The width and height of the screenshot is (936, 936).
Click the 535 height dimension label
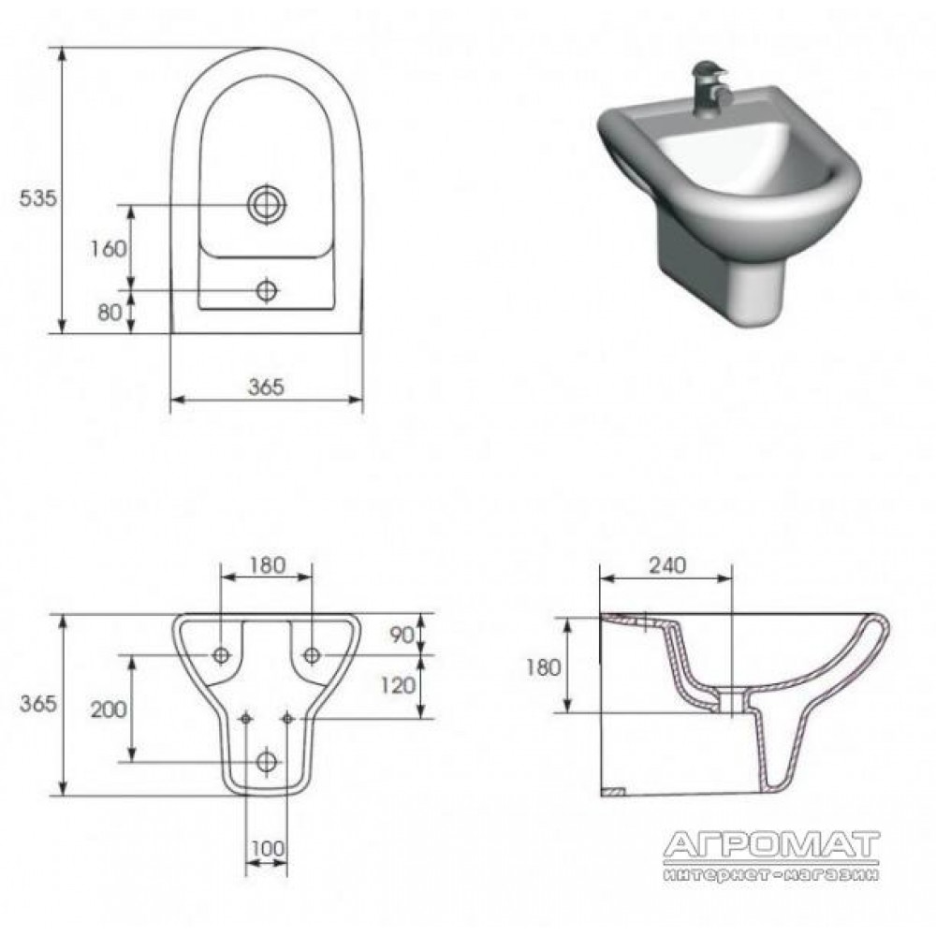38,198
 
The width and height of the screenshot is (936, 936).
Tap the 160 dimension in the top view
108,248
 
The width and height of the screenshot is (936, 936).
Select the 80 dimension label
110,313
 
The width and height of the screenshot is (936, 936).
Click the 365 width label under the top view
266,387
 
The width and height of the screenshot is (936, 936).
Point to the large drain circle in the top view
267,205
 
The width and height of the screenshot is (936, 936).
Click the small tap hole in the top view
267,291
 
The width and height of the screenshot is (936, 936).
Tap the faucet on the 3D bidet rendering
709,85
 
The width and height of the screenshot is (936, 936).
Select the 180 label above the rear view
267,564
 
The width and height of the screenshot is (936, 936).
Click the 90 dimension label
402,636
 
